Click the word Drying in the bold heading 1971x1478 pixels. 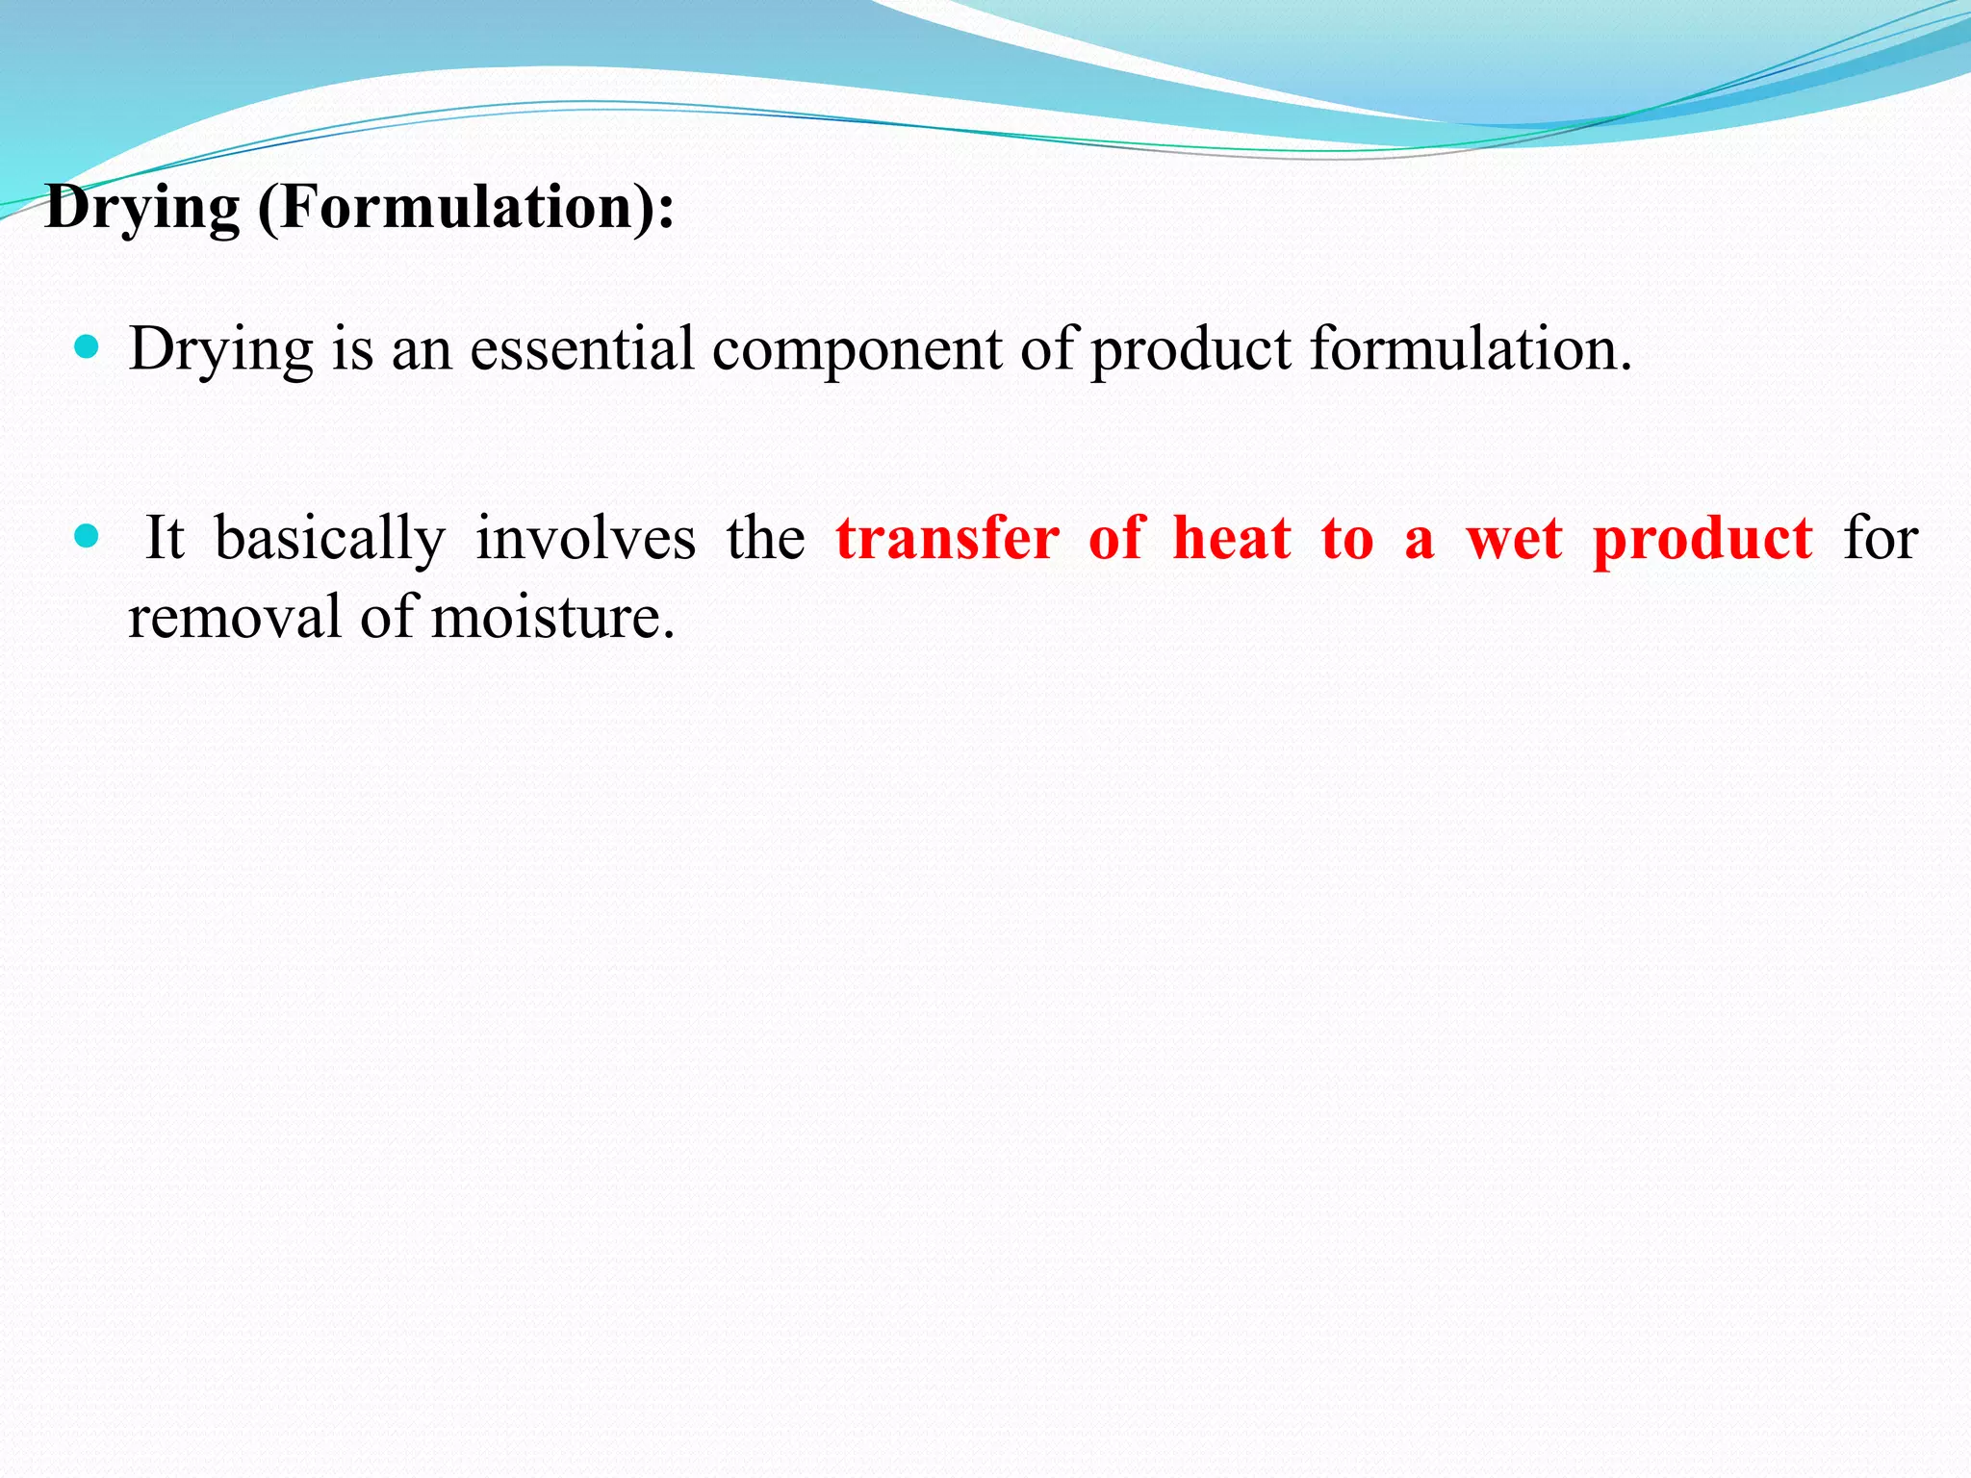tap(142, 208)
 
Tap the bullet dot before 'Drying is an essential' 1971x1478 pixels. tap(87, 347)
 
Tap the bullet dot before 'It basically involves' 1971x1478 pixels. tap(87, 536)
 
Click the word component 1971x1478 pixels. tap(857, 348)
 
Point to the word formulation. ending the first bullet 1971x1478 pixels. tap(1471, 348)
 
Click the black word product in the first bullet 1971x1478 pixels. tap(1190, 350)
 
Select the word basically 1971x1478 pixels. tap(330, 539)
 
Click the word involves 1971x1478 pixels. tap(585, 538)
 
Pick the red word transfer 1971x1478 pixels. tap(947, 538)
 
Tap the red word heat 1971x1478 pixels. tap(1232, 538)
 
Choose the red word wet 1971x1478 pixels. tap(1514, 539)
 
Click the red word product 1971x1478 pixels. tap(1702, 540)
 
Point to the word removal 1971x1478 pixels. tap(234, 617)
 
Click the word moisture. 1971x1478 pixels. tap(552, 617)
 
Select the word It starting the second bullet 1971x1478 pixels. tap(164, 538)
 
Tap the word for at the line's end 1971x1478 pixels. tap(1881, 538)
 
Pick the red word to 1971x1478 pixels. tap(1346, 539)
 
